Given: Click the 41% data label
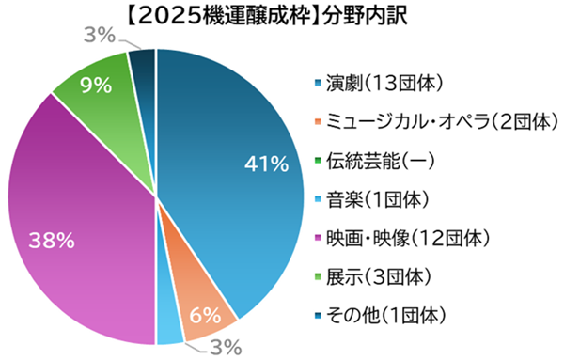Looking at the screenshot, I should tap(265, 164).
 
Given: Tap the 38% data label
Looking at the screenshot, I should tap(52, 241).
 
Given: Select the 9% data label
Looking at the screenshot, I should tap(96, 86).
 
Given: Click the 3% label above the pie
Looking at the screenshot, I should tap(99, 37).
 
